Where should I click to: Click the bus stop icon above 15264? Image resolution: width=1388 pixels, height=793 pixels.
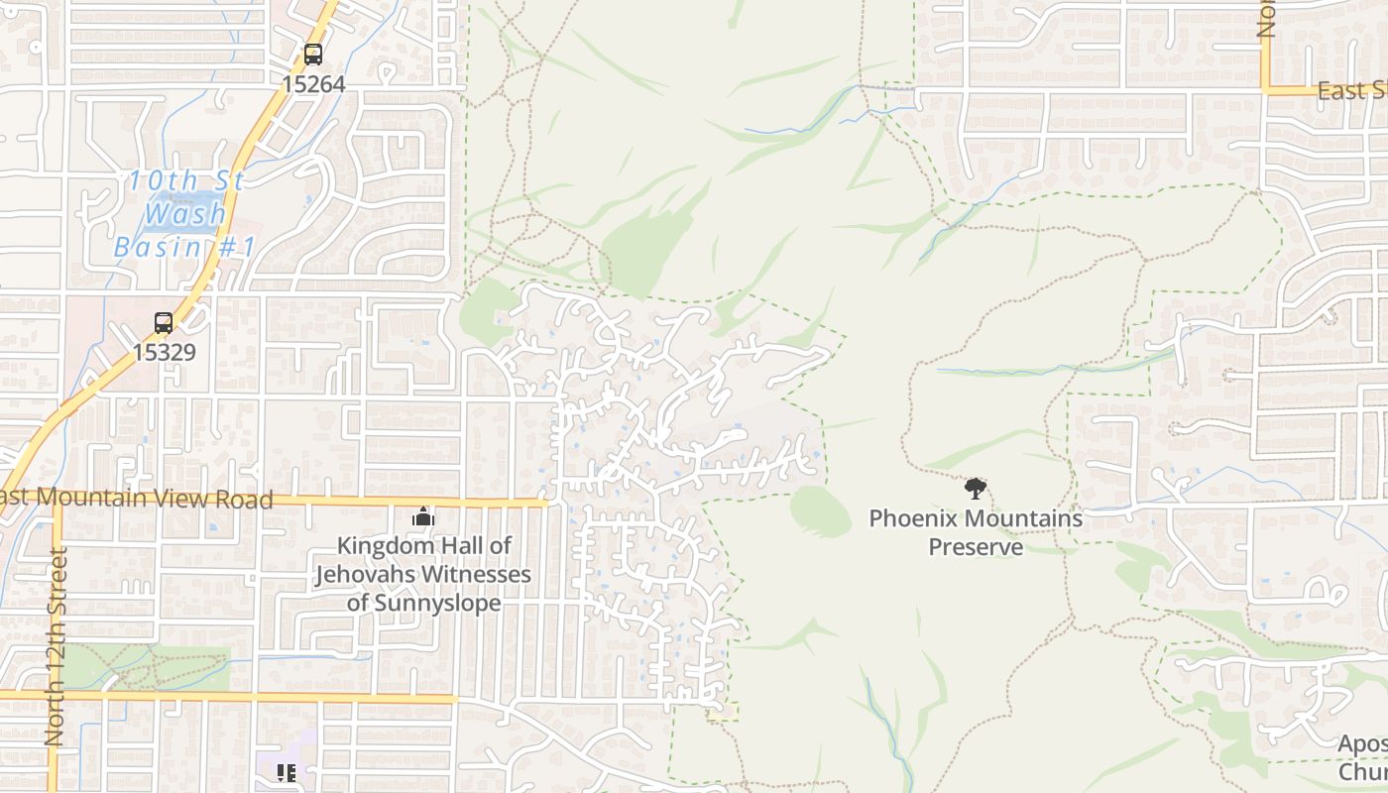313,55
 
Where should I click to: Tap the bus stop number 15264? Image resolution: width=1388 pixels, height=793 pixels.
313,84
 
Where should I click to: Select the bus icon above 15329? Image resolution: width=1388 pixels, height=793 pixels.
164,323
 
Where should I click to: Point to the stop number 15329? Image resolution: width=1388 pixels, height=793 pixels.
164,352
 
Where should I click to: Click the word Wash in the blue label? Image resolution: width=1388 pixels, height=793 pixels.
185,213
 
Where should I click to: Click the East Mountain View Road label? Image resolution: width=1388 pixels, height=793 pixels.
137,498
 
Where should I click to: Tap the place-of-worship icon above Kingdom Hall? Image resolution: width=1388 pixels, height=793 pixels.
423,516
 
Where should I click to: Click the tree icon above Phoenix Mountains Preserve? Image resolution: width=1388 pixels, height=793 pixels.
976,488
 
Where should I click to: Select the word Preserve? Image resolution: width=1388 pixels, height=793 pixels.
976,547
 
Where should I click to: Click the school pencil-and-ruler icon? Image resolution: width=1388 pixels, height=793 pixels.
287,773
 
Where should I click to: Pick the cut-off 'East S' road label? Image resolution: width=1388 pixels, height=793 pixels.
1351,91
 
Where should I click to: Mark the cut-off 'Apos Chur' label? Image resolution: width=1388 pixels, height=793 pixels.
1362,757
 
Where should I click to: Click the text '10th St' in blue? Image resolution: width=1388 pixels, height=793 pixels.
186,181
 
